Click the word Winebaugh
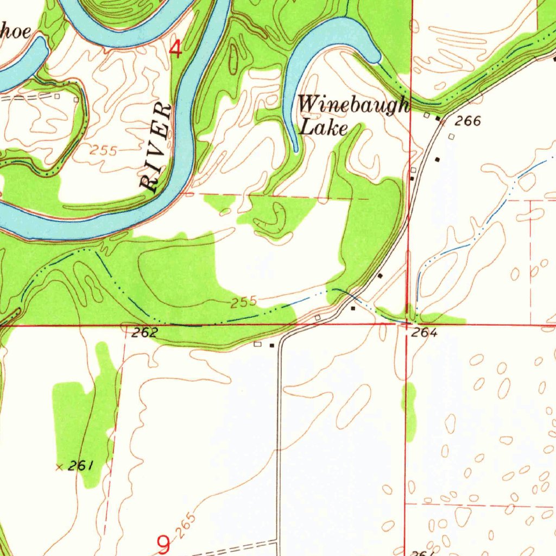[x=353, y=104]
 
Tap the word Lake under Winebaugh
[x=324, y=129]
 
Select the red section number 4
[x=175, y=49]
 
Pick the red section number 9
[x=163, y=544]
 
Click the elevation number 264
[x=424, y=333]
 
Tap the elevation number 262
[x=145, y=333]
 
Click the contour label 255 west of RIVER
[x=104, y=151]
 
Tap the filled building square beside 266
[x=438, y=118]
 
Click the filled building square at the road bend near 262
[x=272, y=344]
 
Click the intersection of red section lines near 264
[x=408, y=325]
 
